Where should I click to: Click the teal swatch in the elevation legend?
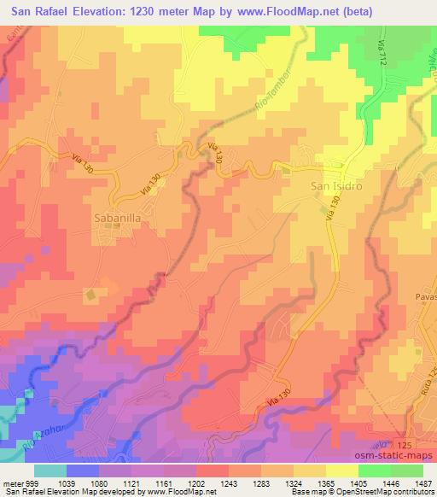tap(50, 471)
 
